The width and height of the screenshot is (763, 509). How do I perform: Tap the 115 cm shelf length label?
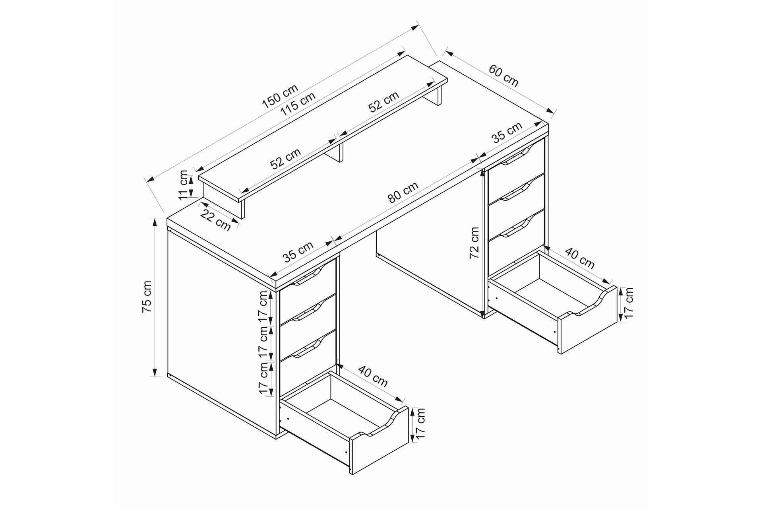[x=298, y=104]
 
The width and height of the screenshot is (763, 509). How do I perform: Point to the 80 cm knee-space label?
[x=403, y=192]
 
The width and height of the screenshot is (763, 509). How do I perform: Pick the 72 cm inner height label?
[x=474, y=243]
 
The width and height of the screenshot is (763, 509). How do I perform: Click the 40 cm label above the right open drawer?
[x=580, y=258]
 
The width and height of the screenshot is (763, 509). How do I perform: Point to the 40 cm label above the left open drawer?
[x=373, y=376]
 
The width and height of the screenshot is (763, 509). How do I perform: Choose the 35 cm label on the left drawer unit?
[x=298, y=252]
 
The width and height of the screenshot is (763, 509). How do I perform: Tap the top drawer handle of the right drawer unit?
[x=515, y=156]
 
